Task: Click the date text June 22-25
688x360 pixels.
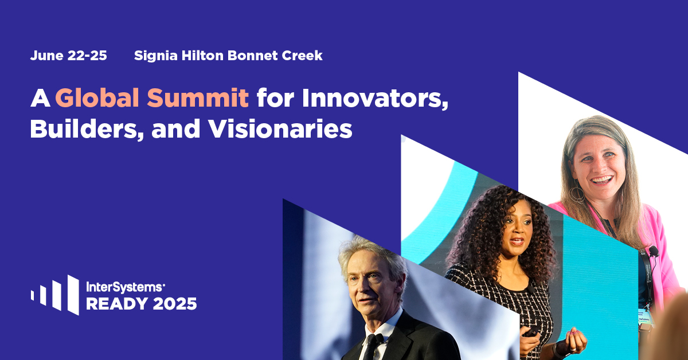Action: (68, 56)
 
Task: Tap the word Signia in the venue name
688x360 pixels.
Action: (156, 56)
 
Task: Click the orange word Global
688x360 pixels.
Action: (97, 97)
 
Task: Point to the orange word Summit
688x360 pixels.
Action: (198, 97)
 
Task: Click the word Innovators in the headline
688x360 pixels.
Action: (375, 98)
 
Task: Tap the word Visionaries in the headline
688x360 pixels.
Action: (280, 129)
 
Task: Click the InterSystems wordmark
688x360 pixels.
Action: (125, 287)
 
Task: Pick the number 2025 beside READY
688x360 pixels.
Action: (175, 304)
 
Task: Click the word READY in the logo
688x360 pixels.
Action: (117, 304)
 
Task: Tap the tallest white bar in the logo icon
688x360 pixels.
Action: (73, 295)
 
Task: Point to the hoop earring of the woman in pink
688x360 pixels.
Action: (577, 194)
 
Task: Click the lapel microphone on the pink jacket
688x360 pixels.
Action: (653, 251)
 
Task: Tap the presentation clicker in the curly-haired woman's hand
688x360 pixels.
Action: (531, 331)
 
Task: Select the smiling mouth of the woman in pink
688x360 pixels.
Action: (601, 180)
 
